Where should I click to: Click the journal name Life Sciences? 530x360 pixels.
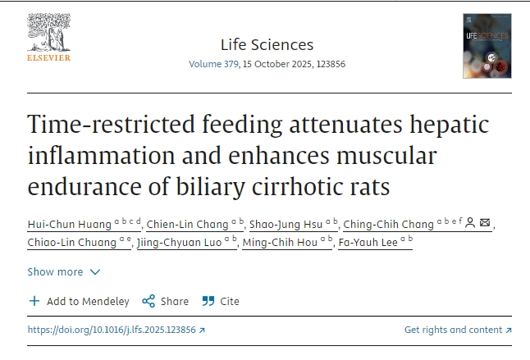pyautogui.click(x=267, y=44)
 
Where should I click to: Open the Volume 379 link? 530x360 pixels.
pyautogui.click(x=212, y=64)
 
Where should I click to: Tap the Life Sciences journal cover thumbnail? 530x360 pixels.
pyautogui.click(x=487, y=46)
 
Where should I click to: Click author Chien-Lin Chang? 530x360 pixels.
pyautogui.click(x=187, y=224)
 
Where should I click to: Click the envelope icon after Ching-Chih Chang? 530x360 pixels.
pyautogui.click(x=485, y=223)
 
